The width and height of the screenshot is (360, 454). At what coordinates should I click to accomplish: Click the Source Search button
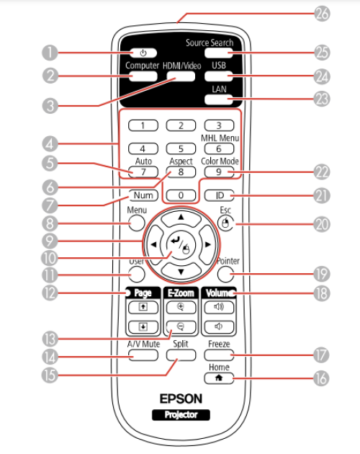[218, 53]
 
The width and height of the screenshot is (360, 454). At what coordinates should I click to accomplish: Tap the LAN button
[218, 100]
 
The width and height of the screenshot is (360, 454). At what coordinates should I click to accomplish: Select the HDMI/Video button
[181, 76]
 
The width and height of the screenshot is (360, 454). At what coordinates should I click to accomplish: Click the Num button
[143, 195]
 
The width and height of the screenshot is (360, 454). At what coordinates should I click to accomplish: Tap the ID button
[219, 195]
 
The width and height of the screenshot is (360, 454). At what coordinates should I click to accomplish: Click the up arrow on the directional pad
[181, 219]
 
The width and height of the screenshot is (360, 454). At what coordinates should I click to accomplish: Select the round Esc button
[225, 223]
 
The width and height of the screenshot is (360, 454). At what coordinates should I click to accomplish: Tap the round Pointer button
[225, 274]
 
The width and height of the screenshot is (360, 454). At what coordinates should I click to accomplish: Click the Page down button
[143, 327]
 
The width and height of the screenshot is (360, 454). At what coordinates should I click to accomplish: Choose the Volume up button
[219, 307]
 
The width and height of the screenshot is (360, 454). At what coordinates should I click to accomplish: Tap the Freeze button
[219, 355]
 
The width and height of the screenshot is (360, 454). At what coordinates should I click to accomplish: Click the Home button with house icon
[219, 378]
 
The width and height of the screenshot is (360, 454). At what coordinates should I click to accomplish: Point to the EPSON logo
[181, 399]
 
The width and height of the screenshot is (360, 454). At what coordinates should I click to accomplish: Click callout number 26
[322, 14]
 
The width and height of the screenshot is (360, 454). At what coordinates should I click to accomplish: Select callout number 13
[50, 339]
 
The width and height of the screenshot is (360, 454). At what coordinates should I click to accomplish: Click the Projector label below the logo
[181, 415]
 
